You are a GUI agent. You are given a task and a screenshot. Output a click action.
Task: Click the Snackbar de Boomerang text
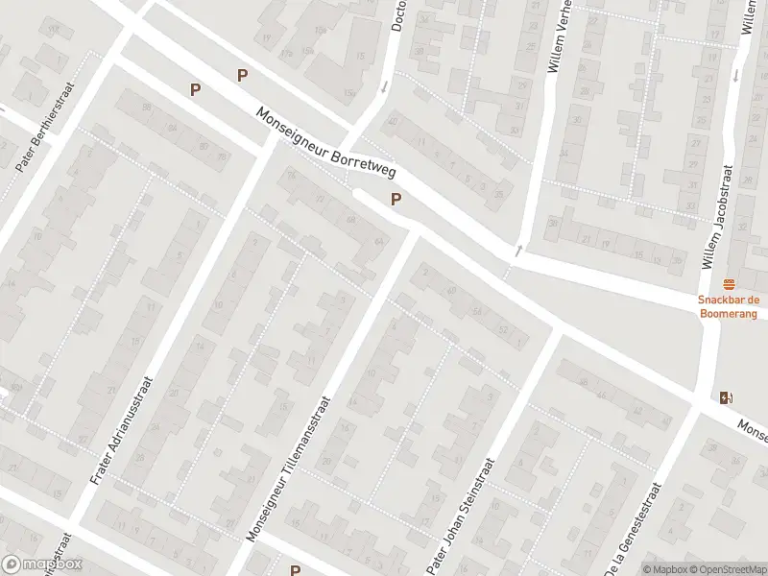click(728, 307)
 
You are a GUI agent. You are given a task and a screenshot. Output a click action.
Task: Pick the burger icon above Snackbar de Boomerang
click(728, 284)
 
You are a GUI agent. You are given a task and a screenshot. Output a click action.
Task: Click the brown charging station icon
click(726, 397)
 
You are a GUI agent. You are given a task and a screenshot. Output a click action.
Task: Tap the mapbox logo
click(42, 564)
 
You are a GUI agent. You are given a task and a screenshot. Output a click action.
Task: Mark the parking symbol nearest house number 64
click(395, 200)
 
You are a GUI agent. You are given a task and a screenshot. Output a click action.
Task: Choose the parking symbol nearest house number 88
click(196, 89)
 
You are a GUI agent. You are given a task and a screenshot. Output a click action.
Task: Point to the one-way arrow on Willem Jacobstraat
click(736, 74)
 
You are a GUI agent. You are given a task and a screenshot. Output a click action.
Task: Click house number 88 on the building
click(147, 108)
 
